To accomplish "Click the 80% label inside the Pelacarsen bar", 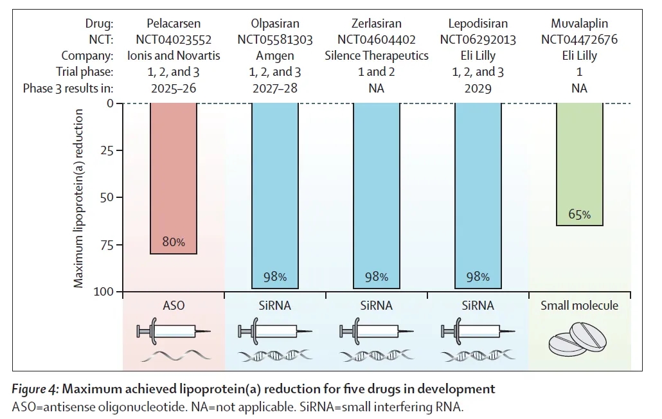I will click(174, 242).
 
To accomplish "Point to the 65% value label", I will click(579, 215).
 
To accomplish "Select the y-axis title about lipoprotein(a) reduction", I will click(78, 198).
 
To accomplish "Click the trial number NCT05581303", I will click(275, 40).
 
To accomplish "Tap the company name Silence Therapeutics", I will click(377, 56).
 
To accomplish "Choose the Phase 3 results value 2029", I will click(478, 88).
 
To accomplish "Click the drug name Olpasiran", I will click(275, 24).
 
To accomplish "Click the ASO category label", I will click(174, 306).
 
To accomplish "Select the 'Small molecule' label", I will click(579, 306).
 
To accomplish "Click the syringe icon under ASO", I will click(174, 332).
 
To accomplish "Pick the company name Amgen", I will click(275, 56).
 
